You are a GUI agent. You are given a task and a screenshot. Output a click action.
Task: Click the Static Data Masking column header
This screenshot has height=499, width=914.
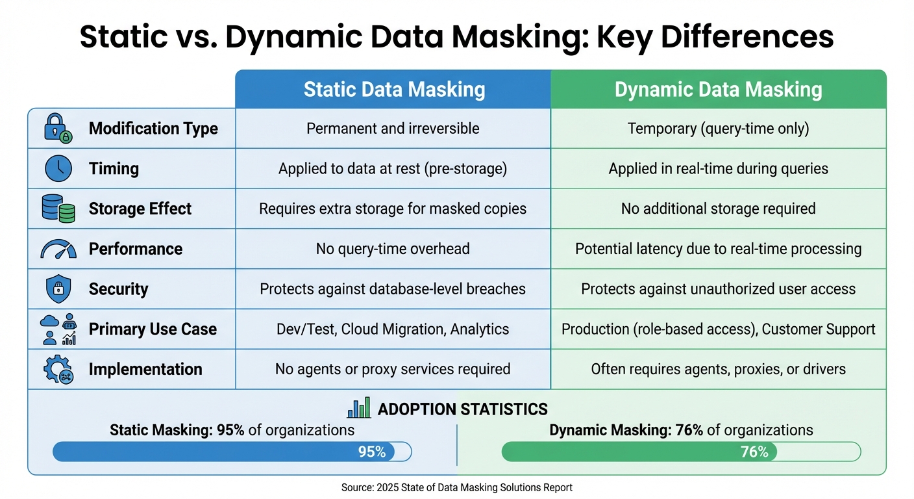point(393,89)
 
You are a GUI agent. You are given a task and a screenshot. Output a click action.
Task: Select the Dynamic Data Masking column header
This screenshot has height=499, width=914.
point(718,89)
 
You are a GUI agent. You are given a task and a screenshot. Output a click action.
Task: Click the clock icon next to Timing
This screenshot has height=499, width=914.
point(58,169)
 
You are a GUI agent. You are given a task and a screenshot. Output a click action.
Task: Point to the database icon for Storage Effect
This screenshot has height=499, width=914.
point(58,209)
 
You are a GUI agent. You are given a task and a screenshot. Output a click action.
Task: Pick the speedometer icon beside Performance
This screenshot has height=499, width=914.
point(58,249)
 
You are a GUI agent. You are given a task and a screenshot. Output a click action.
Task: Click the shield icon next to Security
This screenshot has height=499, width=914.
point(58,289)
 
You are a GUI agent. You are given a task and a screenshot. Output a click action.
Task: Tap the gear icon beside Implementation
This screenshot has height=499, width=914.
point(58,369)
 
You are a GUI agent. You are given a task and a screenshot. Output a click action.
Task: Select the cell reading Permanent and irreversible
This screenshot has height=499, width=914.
point(393,129)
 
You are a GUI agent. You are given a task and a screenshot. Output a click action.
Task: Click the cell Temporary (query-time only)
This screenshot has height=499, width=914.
point(718,129)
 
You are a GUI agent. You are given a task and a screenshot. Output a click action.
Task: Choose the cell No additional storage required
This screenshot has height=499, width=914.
point(718,209)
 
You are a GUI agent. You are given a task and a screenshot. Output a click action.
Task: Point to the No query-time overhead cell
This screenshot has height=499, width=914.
point(393,249)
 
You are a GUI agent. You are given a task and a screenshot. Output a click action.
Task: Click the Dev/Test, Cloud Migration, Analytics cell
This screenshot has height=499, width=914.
point(393,329)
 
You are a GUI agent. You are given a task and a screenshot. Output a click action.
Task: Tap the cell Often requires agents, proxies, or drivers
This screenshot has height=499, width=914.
point(718,369)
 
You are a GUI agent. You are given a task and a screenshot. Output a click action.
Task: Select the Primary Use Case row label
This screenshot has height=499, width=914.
point(153,329)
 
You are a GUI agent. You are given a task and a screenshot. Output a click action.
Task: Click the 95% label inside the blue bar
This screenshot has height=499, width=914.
point(372,452)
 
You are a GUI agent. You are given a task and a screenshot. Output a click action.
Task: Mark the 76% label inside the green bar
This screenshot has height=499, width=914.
point(754,452)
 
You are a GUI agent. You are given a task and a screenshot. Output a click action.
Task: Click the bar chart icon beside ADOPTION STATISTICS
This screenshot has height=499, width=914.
point(359,407)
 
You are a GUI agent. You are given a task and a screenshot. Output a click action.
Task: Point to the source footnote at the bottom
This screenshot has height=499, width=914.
point(456,487)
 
